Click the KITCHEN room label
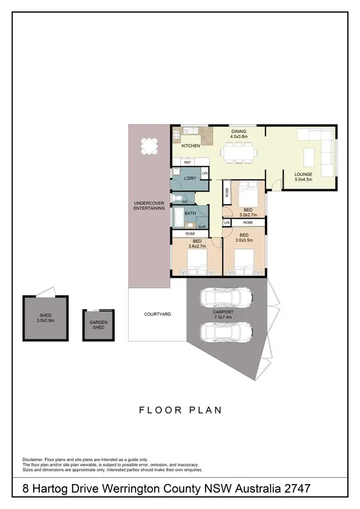point(191,146)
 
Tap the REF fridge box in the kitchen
point(187,163)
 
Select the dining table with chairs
point(239,153)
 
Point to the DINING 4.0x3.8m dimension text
point(238,137)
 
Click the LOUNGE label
point(303,175)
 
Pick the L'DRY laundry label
point(189,179)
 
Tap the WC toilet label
point(185,201)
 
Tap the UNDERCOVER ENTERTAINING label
point(149,206)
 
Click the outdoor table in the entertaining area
point(149,146)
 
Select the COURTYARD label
point(157,314)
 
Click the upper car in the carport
point(226,297)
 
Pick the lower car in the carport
point(226,332)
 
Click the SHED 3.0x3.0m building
point(46,317)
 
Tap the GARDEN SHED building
point(99,325)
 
